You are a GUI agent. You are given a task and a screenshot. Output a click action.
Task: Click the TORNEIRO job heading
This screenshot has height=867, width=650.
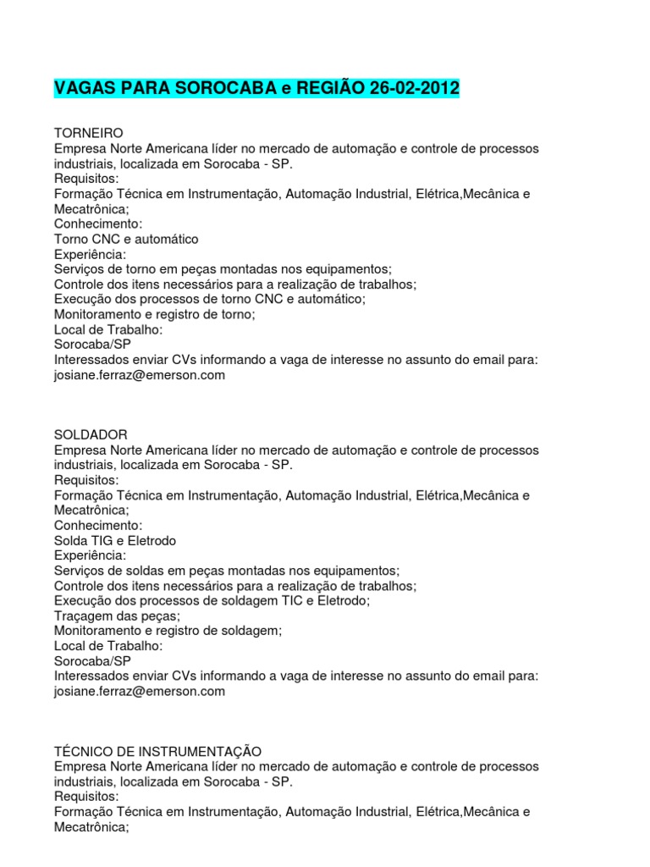point(89,134)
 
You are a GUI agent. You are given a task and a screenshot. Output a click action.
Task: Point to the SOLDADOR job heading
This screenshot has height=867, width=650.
point(91,435)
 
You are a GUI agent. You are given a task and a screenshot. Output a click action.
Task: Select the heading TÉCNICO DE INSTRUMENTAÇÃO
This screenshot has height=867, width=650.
point(157,751)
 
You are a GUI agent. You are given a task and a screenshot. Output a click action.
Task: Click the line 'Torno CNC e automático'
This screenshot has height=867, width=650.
point(126,240)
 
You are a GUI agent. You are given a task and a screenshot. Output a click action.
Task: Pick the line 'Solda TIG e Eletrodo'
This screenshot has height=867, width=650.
point(115,540)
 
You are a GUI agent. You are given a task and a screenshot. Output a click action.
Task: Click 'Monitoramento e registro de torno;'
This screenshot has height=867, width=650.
point(155,315)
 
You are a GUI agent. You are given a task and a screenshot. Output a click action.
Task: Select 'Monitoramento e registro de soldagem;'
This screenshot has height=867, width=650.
point(168,631)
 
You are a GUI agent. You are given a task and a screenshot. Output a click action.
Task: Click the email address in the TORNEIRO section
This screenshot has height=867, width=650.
point(140,375)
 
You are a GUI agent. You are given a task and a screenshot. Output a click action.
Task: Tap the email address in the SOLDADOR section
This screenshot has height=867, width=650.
point(140,691)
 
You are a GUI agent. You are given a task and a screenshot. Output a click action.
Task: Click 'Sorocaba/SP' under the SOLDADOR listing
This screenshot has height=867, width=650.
point(93,660)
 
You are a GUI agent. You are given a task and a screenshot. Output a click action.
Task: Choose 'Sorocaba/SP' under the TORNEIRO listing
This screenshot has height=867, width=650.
point(93,345)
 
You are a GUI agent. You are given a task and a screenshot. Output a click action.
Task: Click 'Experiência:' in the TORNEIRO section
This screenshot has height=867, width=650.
point(90,255)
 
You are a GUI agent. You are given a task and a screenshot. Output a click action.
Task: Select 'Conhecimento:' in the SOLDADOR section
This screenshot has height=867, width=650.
point(98,525)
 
